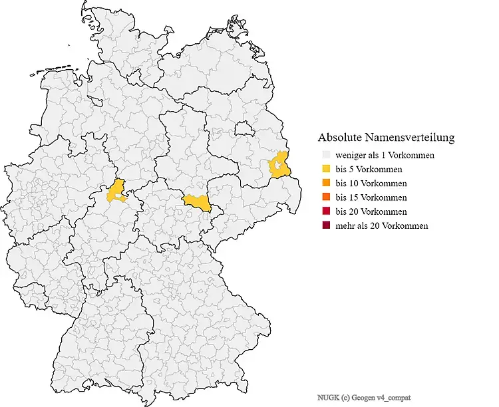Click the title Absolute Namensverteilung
pyautogui.click(x=386, y=138)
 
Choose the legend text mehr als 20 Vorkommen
pyautogui.click(x=382, y=226)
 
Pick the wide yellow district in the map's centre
pyautogui.click(x=197, y=203)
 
